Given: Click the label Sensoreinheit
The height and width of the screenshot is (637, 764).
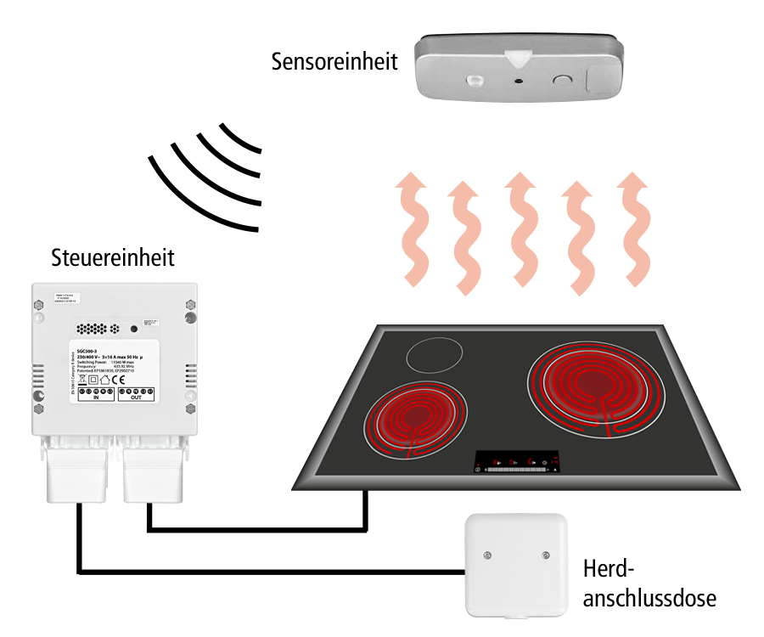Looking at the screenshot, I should [334, 62].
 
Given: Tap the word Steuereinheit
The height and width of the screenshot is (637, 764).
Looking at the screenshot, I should [113, 257].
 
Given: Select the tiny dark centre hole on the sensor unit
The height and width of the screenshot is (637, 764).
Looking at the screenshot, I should [517, 82].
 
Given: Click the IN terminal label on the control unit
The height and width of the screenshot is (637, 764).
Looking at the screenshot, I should [96, 397].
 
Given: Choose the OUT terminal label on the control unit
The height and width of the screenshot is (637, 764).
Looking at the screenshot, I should [136, 397].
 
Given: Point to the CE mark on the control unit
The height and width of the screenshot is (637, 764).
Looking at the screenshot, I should [120, 380].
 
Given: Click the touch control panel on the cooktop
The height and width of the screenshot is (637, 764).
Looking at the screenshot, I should [517, 461].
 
